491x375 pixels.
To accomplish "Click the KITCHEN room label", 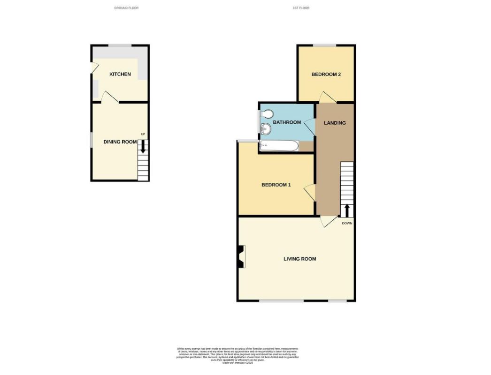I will pyautogui.click(x=120, y=75).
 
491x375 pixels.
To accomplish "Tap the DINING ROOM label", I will pyautogui.click(x=120, y=142).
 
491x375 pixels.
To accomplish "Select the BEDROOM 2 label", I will pyautogui.click(x=326, y=75).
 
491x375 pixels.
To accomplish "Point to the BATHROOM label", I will pyautogui.click(x=287, y=122).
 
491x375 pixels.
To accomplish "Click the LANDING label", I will pyautogui.click(x=335, y=123).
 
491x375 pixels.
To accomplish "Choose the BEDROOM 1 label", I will pyautogui.click(x=276, y=185).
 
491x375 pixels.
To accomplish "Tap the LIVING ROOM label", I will pyautogui.click(x=299, y=259).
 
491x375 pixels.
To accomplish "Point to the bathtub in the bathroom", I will pyautogui.click(x=278, y=146).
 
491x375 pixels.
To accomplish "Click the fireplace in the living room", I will pyautogui.click(x=241, y=257).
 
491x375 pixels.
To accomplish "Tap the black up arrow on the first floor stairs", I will pyautogui.click(x=347, y=210).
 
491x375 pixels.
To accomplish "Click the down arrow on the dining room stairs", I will pyautogui.click(x=143, y=149).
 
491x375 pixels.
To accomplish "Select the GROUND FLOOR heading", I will pyautogui.click(x=126, y=8).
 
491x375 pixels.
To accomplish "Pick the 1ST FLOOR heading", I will pyautogui.click(x=301, y=8).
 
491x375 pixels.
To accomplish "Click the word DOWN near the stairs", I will pyautogui.click(x=347, y=223).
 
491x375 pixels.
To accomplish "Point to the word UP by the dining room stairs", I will pyautogui.click(x=143, y=135).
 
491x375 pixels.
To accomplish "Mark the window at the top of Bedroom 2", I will pyautogui.click(x=325, y=45).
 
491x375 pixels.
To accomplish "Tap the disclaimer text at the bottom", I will pyautogui.click(x=237, y=354).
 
